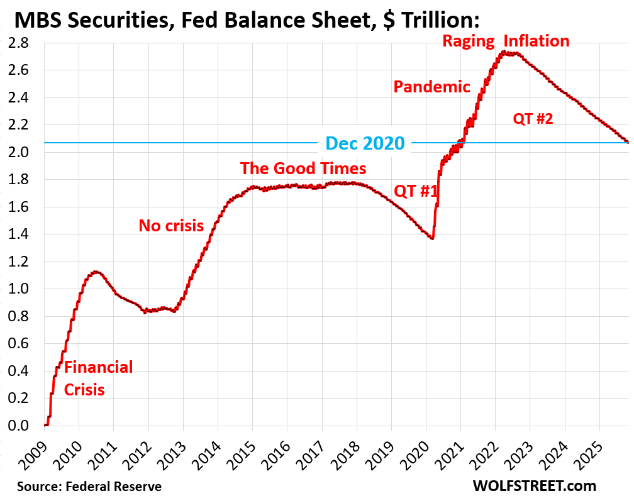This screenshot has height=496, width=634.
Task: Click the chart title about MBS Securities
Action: point(247,20)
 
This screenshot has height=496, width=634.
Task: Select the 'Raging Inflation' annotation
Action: point(506,41)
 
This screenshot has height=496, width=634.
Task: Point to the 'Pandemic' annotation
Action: point(431,87)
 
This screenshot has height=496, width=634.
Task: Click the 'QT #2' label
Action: point(533,118)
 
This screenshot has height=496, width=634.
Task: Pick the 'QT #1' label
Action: point(415,191)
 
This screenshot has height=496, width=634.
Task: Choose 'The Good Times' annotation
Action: point(303,168)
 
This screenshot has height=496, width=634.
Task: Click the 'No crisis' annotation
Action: point(171,225)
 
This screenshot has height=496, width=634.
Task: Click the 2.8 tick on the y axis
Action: point(19,43)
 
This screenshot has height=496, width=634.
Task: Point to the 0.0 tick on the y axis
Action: point(19,426)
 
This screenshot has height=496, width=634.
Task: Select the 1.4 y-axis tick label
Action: point(19,234)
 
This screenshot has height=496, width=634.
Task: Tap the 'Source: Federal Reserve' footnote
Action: point(89,487)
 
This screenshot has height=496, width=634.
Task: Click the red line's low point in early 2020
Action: point(431,238)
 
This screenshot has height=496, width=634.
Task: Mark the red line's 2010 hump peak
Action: point(96,272)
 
